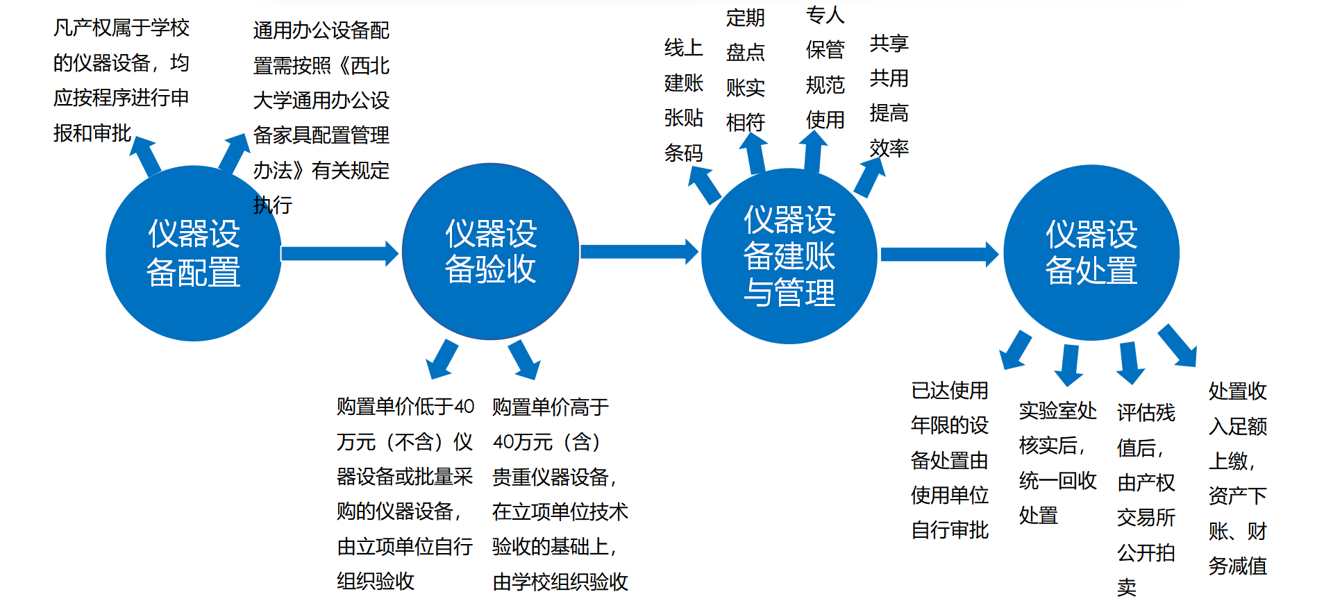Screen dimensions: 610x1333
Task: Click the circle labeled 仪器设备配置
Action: point(193,253)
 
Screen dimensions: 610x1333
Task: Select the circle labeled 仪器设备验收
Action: point(490,251)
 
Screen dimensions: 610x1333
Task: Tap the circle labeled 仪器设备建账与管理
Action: point(789,255)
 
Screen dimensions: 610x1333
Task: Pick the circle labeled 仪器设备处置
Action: point(1091,253)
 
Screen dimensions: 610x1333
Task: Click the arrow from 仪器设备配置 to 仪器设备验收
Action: point(339,253)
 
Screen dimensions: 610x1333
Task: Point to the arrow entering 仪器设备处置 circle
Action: point(939,255)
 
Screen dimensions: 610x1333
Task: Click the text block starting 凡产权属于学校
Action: point(121,81)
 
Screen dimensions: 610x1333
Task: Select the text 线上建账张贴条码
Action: point(684,101)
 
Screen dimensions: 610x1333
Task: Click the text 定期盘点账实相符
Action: point(746,70)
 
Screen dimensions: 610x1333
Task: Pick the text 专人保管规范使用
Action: point(825,67)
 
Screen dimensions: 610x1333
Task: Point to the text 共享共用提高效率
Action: point(889,96)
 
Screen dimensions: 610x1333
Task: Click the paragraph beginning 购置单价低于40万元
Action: point(405,493)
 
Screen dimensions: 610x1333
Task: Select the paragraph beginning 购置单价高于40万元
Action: point(560,493)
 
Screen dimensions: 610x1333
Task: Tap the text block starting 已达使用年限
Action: point(949,460)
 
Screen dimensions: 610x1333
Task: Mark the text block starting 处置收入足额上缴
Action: point(1237,478)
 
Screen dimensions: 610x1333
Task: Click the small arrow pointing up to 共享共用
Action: point(869,178)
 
